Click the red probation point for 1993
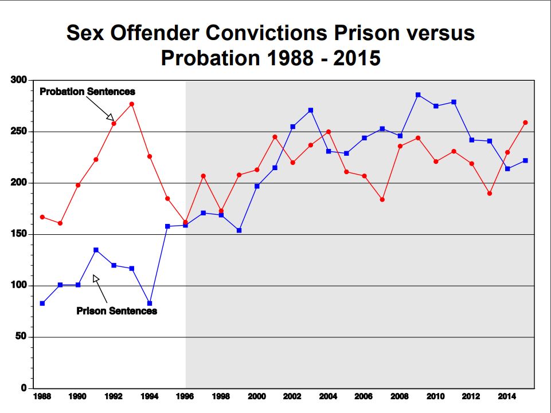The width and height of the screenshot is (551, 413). pos(132,104)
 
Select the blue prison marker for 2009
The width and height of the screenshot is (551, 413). pos(418,95)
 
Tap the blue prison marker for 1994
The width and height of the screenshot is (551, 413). pos(150,303)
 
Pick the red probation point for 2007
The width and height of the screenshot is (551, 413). pos(382,199)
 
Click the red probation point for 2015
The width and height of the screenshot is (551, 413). pos(525,122)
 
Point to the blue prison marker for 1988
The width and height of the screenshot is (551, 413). pos(42,303)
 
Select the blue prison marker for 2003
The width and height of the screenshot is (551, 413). pos(311,110)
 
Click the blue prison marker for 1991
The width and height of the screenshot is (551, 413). pos(96,250)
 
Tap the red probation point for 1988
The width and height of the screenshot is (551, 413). pos(42,217)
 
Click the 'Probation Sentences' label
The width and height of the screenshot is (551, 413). pos(87,92)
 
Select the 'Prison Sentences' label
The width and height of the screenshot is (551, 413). pos(116,311)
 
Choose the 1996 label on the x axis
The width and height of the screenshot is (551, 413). pos(185,396)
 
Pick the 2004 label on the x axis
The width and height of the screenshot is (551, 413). pos(328,396)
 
